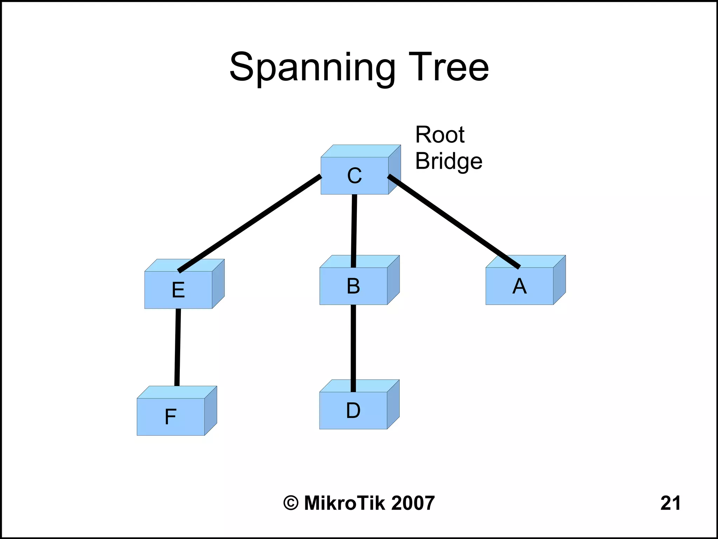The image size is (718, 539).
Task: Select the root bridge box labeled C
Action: [354, 175]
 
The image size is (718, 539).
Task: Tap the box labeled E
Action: [178, 290]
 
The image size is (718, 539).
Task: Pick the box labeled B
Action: [353, 286]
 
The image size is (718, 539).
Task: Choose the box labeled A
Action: [519, 286]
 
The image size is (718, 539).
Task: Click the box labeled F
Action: [171, 417]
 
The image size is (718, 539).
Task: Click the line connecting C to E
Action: [250, 223]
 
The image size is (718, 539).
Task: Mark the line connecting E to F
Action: [178, 347]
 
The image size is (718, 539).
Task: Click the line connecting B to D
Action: [353, 347]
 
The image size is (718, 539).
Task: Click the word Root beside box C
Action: [440, 135]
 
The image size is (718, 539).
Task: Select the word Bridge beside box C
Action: [448, 161]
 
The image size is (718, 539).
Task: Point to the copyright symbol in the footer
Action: [291, 503]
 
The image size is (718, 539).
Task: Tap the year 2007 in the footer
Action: [413, 503]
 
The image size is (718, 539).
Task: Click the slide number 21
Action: [670, 503]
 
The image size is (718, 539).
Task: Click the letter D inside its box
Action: [353, 410]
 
